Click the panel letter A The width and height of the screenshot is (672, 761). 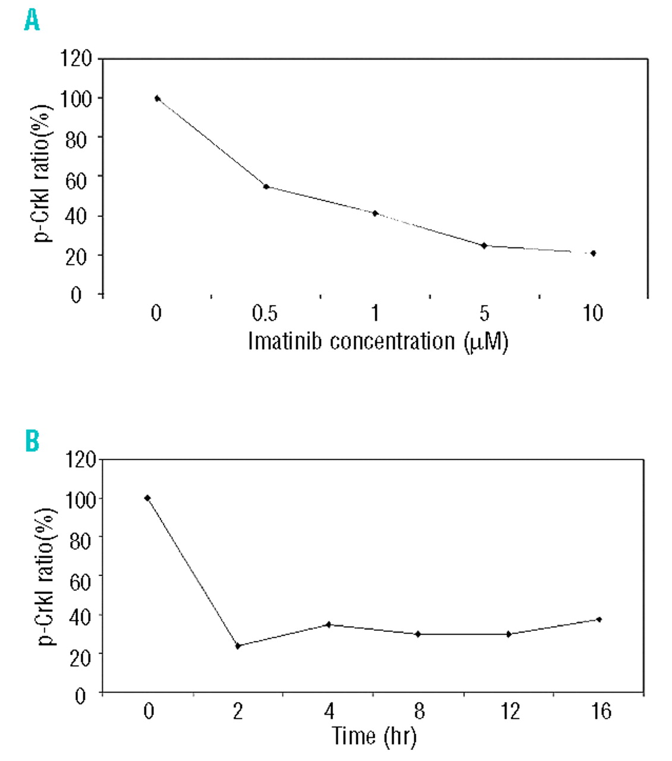click(x=32, y=21)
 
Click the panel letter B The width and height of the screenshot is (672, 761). click(x=32, y=441)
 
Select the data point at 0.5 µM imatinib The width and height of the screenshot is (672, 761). click(x=266, y=187)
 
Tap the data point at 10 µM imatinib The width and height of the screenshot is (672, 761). click(x=593, y=253)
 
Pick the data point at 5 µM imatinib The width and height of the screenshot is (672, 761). click(x=484, y=246)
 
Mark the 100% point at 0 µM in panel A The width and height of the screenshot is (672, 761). click(x=157, y=99)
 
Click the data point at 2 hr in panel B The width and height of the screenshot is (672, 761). click(x=238, y=646)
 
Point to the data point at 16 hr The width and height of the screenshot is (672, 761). click(x=599, y=620)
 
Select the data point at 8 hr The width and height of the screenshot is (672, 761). click(x=418, y=634)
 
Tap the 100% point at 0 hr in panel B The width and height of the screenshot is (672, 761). click(x=147, y=498)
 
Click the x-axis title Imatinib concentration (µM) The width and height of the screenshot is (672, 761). click(x=378, y=342)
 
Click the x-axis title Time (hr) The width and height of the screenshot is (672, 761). click(x=374, y=736)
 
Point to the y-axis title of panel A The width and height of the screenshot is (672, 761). click(x=43, y=172)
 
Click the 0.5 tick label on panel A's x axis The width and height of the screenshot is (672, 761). click(x=265, y=313)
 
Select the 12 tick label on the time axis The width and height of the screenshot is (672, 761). click(x=510, y=711)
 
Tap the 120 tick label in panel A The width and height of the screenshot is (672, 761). click(x=76, y=59)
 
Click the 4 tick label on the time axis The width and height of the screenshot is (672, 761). click(x=329, y=711)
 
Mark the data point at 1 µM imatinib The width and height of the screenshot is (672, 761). click(x=375, y=213)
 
